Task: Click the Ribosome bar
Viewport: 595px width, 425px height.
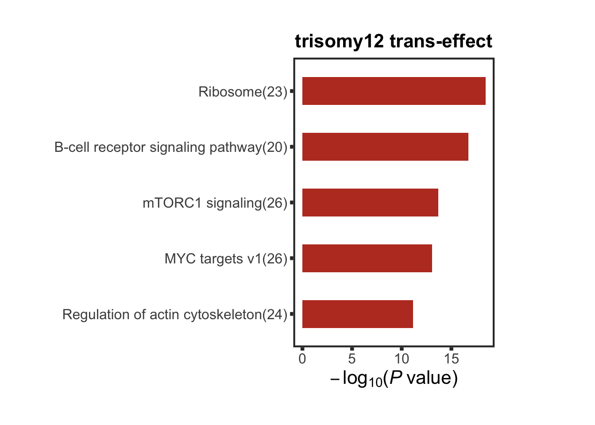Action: (394, 91)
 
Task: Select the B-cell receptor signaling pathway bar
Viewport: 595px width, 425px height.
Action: (385, 147)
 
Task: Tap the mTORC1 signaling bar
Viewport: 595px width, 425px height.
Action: (370, 202)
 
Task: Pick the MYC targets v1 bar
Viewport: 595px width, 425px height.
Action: (367, 258)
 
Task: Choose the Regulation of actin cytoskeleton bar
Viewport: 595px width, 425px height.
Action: (357, 314)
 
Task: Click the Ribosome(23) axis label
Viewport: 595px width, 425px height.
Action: (243, 92)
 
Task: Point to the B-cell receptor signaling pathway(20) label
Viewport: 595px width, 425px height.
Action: (171, 147)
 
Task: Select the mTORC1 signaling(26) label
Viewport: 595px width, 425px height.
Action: (215, 203)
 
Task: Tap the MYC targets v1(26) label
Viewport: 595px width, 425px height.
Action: (226, 259)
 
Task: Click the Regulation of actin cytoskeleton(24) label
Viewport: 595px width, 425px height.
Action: (175, 314)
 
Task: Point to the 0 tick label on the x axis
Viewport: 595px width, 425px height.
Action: (302, 359)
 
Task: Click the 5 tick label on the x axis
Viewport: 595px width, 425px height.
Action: (352, 359)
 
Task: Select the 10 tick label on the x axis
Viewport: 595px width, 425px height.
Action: (402, 359)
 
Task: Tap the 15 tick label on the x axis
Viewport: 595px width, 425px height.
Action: (451, 359)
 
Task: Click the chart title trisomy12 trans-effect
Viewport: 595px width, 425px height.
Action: (394, 41)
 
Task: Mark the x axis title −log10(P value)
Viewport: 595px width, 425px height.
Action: (394, 379)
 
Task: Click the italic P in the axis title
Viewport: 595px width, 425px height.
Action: (396, 378)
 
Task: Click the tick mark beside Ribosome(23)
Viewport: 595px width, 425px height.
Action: (292, 91)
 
